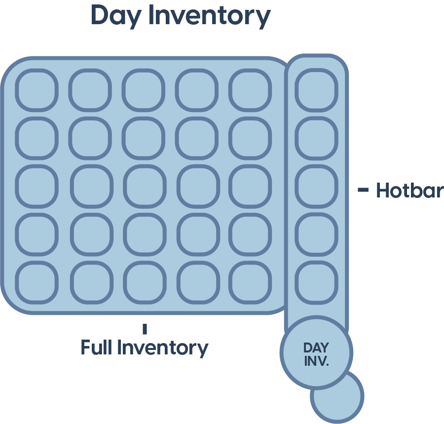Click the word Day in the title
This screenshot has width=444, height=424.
(x=116, y=16)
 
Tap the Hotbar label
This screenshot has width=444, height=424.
(x=409, y=191)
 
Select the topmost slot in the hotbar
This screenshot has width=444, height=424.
(x=316, y=90)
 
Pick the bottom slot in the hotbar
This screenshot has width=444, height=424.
(x=316, y=282)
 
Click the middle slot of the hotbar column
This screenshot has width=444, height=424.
(x=316, y=186)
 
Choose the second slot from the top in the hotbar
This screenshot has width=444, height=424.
(x=316, y=138)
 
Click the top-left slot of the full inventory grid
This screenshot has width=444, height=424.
(x=36, y=90)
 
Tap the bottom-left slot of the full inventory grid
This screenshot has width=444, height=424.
(x=36, y=282)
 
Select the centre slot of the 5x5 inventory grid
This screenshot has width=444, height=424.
(x=143, y=186)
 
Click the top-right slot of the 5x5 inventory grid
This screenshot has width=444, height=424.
(x=250, y=90)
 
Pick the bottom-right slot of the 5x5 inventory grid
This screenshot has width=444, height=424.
(x=250, y=282)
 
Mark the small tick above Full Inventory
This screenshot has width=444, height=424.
(x=145, y=329)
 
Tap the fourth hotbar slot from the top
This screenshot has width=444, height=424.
(x=316, y=234)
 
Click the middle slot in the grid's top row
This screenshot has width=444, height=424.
(x=143, y=90)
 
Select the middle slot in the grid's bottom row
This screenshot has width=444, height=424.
(x=143, y=282)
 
